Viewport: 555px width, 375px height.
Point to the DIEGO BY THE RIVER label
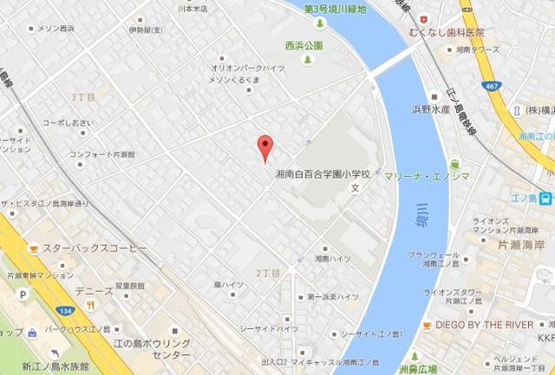tap(490, 325)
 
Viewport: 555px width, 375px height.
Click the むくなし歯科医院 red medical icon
tap(422, 18)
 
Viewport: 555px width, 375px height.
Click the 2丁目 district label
tap(267, 273)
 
